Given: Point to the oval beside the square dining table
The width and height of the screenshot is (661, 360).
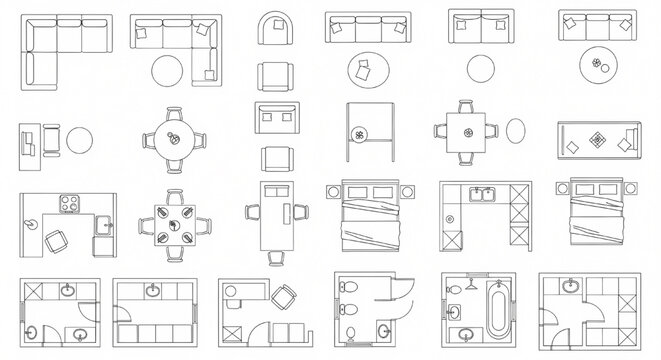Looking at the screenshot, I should coord(517,132).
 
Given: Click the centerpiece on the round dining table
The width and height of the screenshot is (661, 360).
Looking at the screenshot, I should coord(175,138).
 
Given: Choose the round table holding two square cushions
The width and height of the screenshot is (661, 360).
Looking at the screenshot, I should coord(362,69).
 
